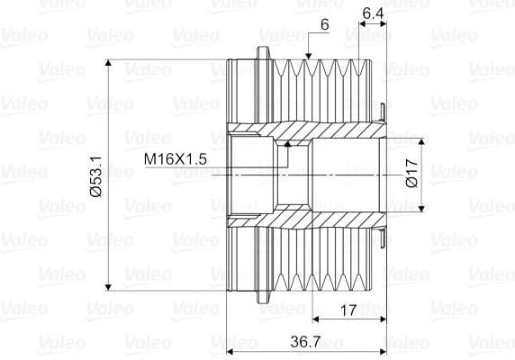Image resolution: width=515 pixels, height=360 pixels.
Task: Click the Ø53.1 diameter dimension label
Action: [x=95, y=176]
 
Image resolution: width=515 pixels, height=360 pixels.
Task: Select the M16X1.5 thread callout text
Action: [x=176, y=159]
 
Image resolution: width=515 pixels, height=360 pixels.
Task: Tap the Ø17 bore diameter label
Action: [x=411, y=174]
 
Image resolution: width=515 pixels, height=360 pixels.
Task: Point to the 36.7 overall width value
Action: [x=305, y=342]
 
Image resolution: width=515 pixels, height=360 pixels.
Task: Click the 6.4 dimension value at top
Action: [x=373, y=13]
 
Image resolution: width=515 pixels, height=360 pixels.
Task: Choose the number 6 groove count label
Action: [x=324, y=24]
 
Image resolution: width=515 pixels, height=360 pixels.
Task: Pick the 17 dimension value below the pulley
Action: [x=348, y=310]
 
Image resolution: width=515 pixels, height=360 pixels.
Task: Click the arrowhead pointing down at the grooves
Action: [x=308, y=57]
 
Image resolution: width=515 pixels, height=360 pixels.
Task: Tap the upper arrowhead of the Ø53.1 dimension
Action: [x=108, y=63]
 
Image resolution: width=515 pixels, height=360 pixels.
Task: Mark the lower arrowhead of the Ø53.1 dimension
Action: [x=108, y=287]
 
